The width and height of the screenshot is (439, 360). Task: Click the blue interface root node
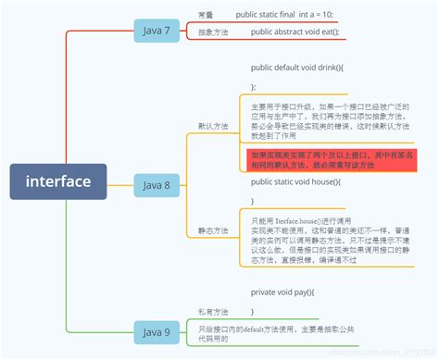(59, 181)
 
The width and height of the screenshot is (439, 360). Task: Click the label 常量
(206, 16)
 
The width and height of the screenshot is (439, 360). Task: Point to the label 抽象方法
(213, 32)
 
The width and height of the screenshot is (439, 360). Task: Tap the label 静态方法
(213, 230)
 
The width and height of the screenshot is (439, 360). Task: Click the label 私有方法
(213, 312)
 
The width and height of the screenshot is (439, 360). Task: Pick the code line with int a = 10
(284, 16)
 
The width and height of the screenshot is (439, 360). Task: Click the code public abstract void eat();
(295, 32)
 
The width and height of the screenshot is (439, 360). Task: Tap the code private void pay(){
(282, 292)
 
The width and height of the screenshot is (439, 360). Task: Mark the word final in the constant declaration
(286, 16)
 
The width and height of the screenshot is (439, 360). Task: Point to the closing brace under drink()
(253, 86)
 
